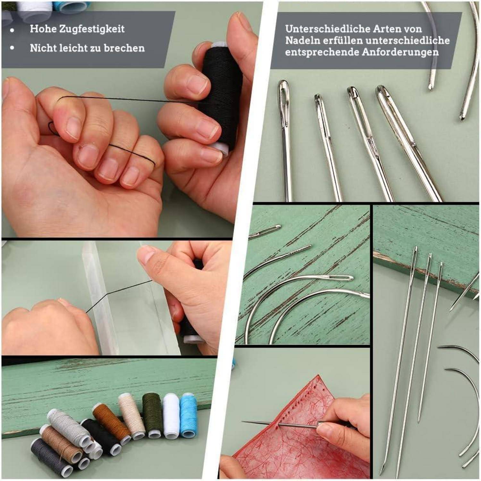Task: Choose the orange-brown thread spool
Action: [111, 420]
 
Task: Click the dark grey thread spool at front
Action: [48, 457]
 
